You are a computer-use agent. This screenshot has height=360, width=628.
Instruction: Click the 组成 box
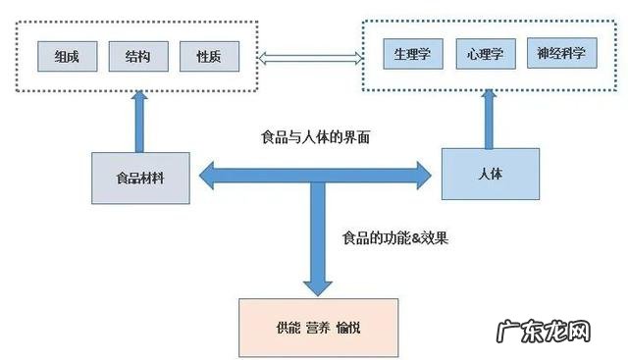(x=67, y=57)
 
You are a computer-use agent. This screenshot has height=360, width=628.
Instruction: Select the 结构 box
(x=137, y=57)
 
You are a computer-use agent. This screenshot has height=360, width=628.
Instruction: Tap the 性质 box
(x=208, y=57)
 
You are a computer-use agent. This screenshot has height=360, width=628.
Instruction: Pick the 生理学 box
(x=412, y=53)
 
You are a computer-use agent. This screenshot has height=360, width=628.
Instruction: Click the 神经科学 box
(x=561, y=53)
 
